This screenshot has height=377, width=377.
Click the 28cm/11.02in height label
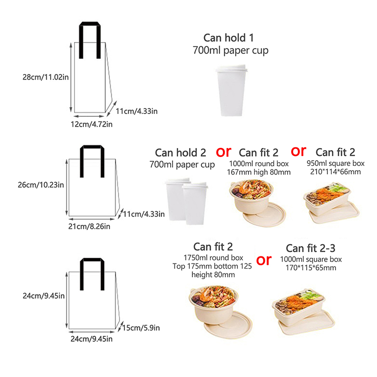point(46,77)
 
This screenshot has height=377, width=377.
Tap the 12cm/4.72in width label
point(91,124)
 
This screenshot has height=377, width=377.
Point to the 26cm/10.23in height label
point(41,185)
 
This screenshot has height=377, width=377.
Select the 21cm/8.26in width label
point(89,227)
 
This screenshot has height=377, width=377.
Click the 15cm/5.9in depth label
point(141,328)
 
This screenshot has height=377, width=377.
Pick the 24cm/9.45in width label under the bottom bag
point(91,339)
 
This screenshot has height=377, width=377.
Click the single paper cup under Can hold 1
point(231,90)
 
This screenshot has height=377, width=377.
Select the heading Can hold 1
point(229,38)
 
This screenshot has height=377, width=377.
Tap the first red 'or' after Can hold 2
point(223,152)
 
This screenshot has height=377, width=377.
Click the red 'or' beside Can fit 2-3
point(264,261)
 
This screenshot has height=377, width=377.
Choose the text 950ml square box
point(336,163)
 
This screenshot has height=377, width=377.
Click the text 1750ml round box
point(213,258)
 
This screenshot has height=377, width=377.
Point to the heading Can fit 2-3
point(311,248)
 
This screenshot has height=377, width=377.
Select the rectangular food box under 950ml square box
point(331,203)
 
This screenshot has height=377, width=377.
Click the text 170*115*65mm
point(311,268)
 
